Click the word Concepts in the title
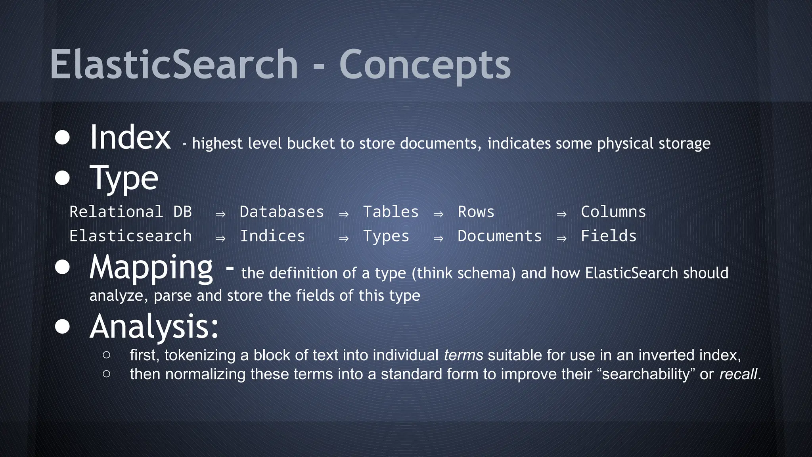(425, 65)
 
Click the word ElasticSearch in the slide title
(174, 65)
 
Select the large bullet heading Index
(130, 137)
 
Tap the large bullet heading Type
(124, 179)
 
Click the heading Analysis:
(154, 326)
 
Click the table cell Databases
(282, 212)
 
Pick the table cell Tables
(391, 212)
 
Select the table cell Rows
(476, 212)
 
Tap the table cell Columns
(613, 212)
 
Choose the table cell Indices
(272, 236)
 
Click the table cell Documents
(500, 236)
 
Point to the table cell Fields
(609, 236)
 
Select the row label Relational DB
(130, 212)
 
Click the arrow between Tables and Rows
(438, 214)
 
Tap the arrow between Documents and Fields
(561, 238)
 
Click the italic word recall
(738, 374)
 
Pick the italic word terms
(463, 355)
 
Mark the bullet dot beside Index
(62, 138)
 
